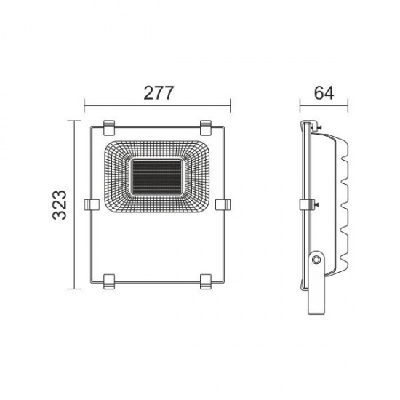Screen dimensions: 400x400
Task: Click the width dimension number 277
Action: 158,94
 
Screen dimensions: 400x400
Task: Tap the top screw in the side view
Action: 317,129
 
